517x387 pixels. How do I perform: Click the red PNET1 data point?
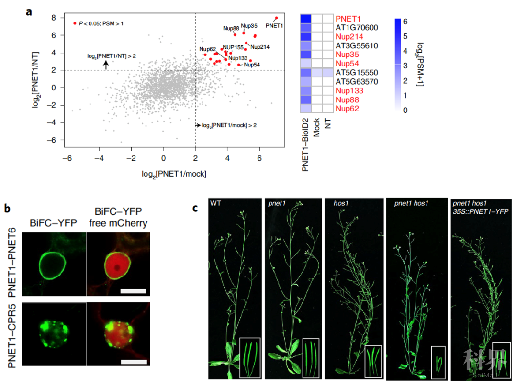(x=276, y=18)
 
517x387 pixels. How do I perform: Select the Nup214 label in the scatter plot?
(x=260, y=47)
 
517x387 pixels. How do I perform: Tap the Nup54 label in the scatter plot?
(x=252, y=65)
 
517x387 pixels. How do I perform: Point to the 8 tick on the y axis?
(x=55, y=18)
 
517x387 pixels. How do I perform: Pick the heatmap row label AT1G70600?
(x=357, y=28)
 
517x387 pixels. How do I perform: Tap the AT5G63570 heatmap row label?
(x=357, y=82)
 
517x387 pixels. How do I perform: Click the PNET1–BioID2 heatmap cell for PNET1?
(x=306, y=19)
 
